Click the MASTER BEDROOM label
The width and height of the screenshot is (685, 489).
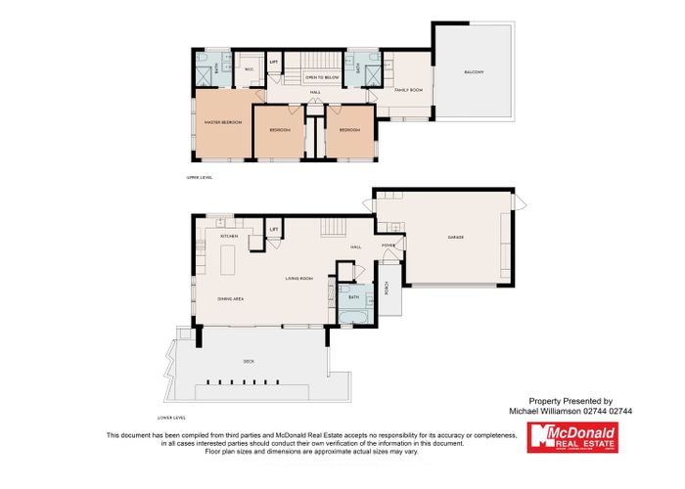coord(225,122)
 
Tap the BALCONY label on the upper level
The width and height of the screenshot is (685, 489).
coord(473,73)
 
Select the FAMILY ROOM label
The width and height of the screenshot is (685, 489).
coord(407,90)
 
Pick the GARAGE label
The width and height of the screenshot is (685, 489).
coord(455,238)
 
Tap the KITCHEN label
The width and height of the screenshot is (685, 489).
coord(230,237)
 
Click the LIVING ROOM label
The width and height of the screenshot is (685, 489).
coord(297,279)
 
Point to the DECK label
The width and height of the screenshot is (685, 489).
coord(250,361)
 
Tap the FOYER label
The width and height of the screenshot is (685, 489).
coord(388,246)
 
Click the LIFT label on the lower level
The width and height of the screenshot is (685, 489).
coord(274,231)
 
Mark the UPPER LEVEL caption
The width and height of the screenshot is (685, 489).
coord(200,177)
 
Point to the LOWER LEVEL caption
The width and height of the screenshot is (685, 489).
coord(171,389)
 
